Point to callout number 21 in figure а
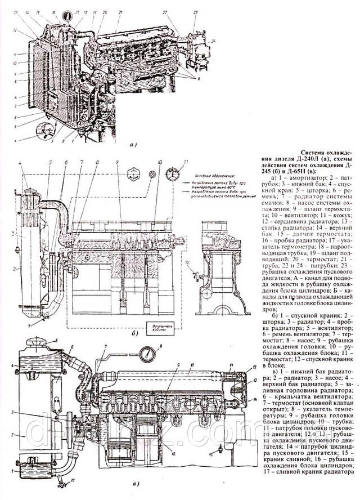120,11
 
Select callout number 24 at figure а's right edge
214,41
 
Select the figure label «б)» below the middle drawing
130,333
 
